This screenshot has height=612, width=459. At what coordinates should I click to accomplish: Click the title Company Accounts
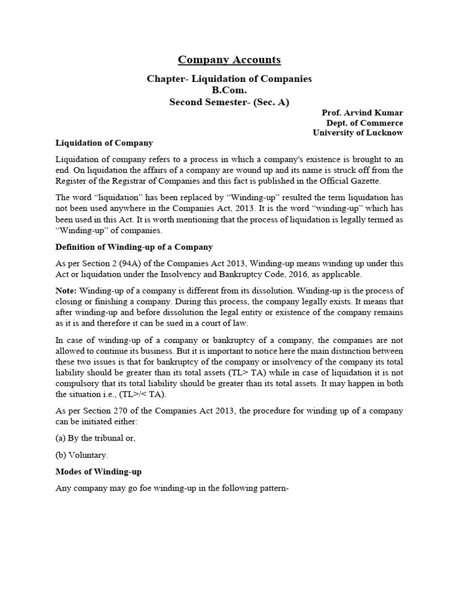229,60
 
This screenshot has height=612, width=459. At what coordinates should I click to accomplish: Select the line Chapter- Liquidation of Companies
229,79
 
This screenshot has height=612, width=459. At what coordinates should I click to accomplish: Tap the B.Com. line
229,90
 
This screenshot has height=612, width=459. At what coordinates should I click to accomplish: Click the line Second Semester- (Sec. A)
229,102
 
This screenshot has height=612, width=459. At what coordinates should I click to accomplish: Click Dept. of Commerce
366,123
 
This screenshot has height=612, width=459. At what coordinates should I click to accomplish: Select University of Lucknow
358,133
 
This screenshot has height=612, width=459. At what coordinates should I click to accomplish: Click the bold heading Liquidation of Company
104,143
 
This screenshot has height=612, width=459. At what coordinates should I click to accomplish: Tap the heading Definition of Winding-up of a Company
134,247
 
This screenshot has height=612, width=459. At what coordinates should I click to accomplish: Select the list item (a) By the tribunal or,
96,438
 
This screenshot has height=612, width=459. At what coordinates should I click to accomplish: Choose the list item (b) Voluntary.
82,455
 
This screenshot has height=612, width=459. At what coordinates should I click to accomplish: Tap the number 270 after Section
120,411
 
